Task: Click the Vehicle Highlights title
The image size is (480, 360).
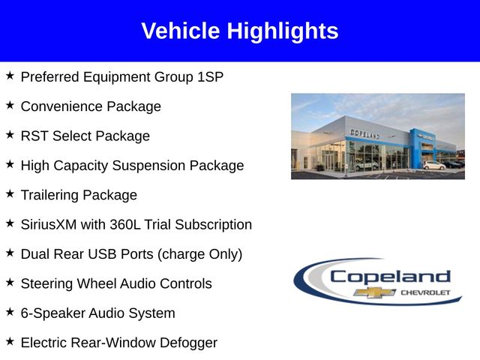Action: (240, 31)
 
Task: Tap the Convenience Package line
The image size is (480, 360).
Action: (91, 106)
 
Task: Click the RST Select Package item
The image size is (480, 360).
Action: (85, 136)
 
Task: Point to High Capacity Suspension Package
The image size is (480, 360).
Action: (132, 166)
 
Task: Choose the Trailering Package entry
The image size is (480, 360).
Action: (79, 195)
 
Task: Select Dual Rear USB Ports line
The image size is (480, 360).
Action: (131, 254)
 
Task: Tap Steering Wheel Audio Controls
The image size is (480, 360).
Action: (116, 283)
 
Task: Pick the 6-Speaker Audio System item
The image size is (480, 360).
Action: (97, 313)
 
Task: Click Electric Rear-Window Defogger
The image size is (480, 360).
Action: (118, 343)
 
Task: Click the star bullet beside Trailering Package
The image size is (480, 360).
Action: (10, 193)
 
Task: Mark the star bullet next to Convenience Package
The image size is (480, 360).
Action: (10, 105)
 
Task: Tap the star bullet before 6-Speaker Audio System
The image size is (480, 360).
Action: (10, 312)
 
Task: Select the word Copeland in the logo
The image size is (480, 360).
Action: (390, 276)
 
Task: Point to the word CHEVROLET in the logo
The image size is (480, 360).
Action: (424, 292)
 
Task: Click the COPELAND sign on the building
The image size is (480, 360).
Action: (364, 133)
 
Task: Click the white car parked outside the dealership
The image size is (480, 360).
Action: (433, 165)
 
